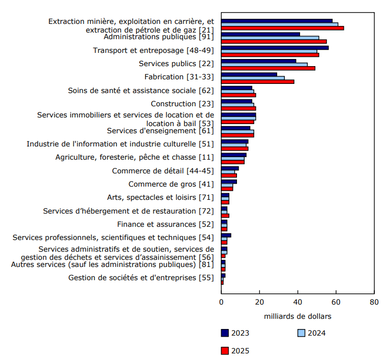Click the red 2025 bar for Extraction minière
pyautogui.click(x=282, y=28)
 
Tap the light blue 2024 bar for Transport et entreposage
pyautogui.click(x=269, y=51)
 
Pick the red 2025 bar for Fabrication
pyautogui.click(x=257, y=81)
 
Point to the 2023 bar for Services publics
pyautogui.click(x=258, y=61)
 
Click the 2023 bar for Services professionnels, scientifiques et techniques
pyautogui.click(x=226, y=235)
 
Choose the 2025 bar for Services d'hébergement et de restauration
pyautogui.click(x=225, y=216)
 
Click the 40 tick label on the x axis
pyautogui.click(x=298, y=303)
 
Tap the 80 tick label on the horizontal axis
pyautogui.click(x=374, y=303)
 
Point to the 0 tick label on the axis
pyautogui.click(x=221, y=303)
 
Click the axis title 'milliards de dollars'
pyautogui.click(x=298, y=316)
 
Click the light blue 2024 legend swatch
pyautogui.click(x=301, y=334)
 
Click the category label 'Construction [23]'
pyautogui.click(x=182, y=104)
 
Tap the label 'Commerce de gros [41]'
pyautogui.click(x=171, y=184)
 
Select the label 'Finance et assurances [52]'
pyautogui.click(x=165, y=224)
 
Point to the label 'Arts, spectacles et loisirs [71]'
pyautogui.click(x=160, y=197)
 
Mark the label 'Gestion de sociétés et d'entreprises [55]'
pyautogui.click(x=141, y=278)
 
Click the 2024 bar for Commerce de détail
pyautogui.click(x=228, y=171)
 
